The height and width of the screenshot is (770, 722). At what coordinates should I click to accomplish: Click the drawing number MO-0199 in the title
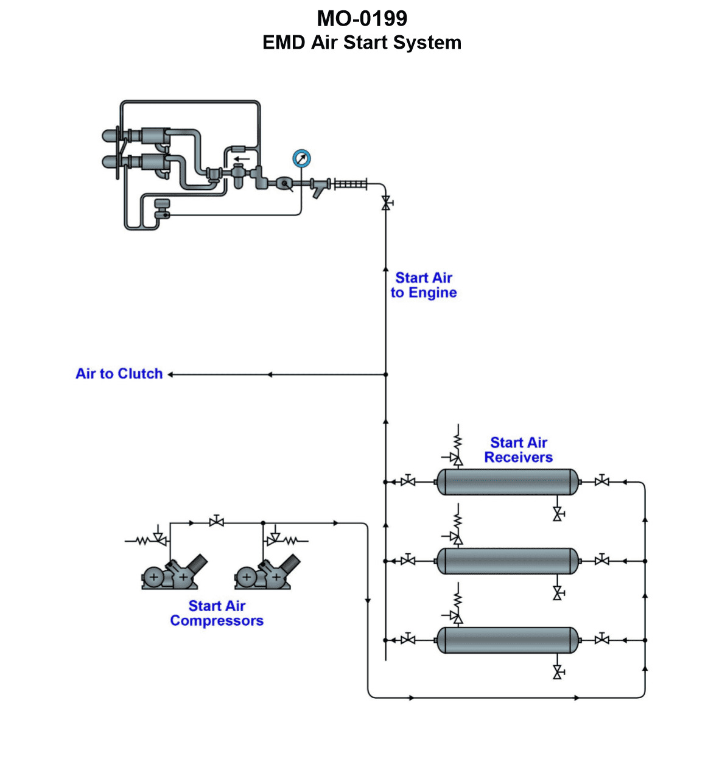tap(362, 19)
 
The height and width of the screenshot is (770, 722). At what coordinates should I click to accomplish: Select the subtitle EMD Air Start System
tap(362, 43)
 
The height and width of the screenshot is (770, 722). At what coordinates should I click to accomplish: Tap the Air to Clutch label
tap(119, 374)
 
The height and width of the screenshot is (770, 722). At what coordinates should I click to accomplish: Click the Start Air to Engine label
tap(424, 285)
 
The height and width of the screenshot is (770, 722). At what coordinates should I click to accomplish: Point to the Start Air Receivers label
tap(519, 450)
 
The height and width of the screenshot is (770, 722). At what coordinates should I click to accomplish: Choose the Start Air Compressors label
tap(217, 614)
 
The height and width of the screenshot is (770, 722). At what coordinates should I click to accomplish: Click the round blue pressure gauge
tap(301, 159)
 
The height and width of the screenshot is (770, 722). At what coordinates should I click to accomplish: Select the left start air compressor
tap(173, 573)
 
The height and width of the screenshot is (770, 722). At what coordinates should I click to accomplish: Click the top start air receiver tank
tap(508, 482)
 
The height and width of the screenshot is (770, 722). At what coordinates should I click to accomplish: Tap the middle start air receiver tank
tap(508, 561)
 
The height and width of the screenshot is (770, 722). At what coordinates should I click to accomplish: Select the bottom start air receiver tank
tap(508, 640)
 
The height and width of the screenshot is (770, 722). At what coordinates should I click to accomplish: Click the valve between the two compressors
tap(216, 522)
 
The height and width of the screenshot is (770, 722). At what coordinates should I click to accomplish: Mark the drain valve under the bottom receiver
tap(557, 672)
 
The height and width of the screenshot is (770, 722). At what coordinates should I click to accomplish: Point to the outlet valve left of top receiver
tap(408, 481)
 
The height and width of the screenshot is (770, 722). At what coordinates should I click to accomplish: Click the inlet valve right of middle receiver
tap(602, 560)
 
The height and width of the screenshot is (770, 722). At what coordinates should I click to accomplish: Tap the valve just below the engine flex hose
tap(385, 203)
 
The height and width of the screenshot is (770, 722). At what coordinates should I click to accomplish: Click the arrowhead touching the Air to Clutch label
tap(171, 374)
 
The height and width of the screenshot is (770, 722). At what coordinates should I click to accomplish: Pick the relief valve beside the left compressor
tap(159, 539)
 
